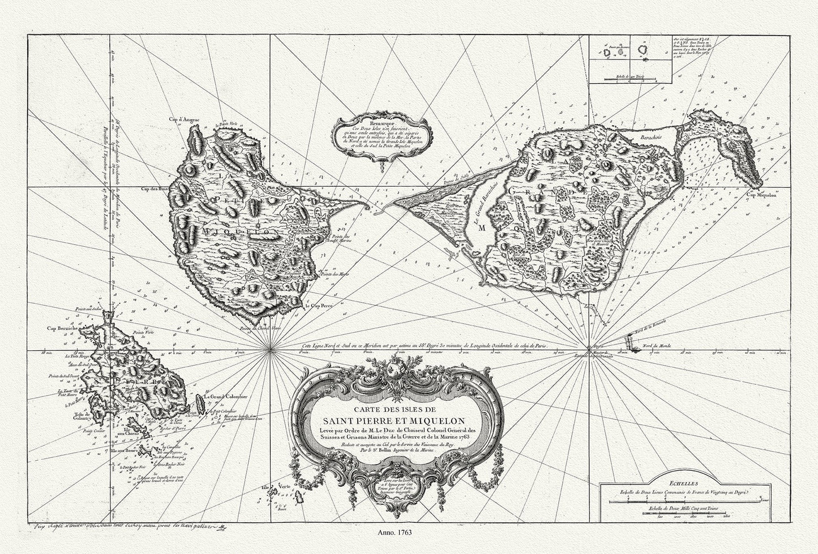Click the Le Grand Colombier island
point(198,403)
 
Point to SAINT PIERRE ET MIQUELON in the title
point(386,420)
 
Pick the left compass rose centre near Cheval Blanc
point(269,350)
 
